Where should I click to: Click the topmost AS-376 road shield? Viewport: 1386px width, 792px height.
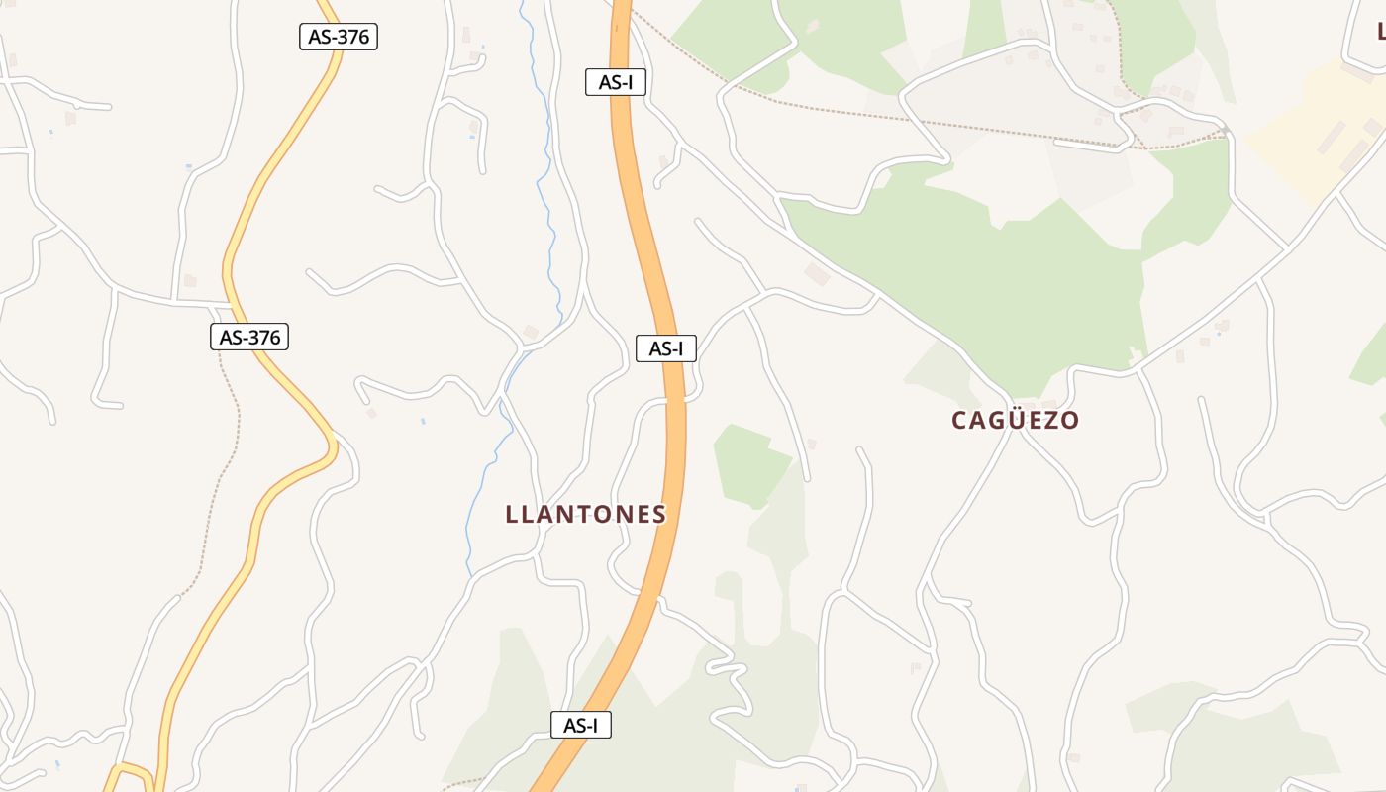339,37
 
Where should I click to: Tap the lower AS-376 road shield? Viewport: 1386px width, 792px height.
249,337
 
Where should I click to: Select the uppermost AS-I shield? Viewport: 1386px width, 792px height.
615,82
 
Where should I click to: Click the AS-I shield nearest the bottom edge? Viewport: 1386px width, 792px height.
580,725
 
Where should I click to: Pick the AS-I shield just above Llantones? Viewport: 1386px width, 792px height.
665,348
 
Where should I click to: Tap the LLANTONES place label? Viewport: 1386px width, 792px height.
585,515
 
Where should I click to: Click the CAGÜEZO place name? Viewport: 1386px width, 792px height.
1015,421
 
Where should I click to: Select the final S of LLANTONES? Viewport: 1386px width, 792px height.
659,515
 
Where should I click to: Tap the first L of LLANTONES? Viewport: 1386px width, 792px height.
511,515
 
